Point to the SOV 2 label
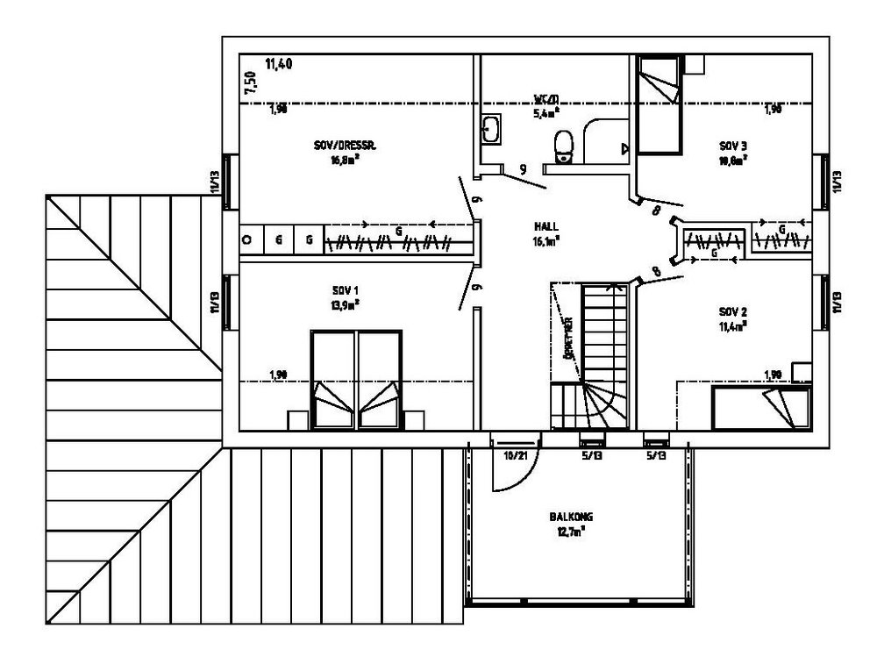click(731, 311)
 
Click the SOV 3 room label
click(731, 145)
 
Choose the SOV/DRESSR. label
click(345, 146)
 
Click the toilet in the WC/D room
click(564, 146)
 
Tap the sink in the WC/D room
click(490, 130)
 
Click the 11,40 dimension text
click(278, 63)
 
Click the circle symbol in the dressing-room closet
click(248, 239)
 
